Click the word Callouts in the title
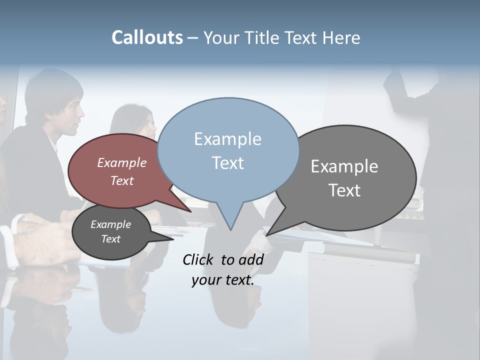tap(147, 37)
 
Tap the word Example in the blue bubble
tap(227, 139)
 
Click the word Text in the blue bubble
tap(227, 163)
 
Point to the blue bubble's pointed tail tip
tap(230, 229)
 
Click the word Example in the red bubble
tap(122, 163)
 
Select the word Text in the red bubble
tap(122, 181)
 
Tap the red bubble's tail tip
tap(191, 211)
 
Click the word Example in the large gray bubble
tap(344, 166)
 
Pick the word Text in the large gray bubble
tap(344, 190)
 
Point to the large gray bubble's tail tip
tap(267, 235)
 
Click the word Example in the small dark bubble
tap(110, 224)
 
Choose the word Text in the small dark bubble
tap(110, 239)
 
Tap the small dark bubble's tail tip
tap(173, 239)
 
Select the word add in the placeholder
tap(250, 259)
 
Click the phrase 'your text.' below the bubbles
tap(222, 280)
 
